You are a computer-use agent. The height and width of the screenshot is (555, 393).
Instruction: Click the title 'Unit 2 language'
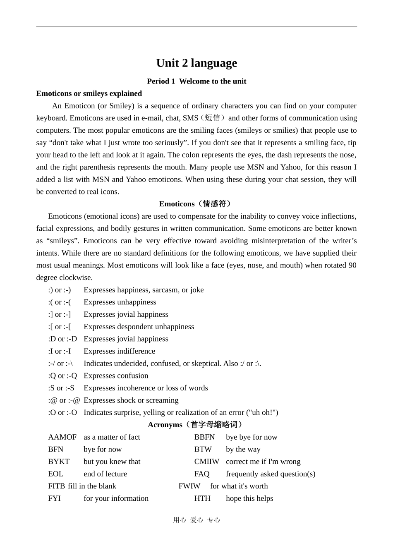196,63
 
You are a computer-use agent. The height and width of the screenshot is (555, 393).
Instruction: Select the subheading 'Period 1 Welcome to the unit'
196,81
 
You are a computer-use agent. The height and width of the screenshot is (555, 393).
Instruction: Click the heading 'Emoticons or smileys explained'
89,93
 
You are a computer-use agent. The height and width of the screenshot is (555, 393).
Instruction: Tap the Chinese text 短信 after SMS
212,118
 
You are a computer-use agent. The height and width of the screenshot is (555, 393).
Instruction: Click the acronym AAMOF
62,437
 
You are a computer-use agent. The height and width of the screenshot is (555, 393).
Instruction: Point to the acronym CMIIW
206,462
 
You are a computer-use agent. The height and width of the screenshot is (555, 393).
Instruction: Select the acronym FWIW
189,486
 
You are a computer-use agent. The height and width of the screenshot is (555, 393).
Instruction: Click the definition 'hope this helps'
249,499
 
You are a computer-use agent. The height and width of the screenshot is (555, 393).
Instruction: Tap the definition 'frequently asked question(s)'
271,474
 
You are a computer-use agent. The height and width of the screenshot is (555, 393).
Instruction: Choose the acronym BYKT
59,462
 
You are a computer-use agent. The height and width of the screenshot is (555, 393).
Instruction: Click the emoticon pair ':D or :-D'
62,339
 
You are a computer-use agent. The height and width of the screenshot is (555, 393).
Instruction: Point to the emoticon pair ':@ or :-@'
64,400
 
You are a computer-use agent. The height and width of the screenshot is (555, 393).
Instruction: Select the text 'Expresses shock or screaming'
131,400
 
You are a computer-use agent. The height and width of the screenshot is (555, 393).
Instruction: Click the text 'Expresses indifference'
119,351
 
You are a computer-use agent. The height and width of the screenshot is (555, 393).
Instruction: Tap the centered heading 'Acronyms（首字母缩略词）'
196,425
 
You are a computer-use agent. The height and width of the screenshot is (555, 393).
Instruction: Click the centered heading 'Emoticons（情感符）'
196,204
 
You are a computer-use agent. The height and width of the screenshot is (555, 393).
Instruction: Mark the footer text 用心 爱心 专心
196,520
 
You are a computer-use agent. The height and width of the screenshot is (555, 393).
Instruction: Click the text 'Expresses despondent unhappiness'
139,327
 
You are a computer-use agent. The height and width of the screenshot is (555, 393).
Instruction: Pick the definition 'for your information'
116,499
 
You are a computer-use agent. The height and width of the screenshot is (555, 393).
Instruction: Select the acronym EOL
55,474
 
